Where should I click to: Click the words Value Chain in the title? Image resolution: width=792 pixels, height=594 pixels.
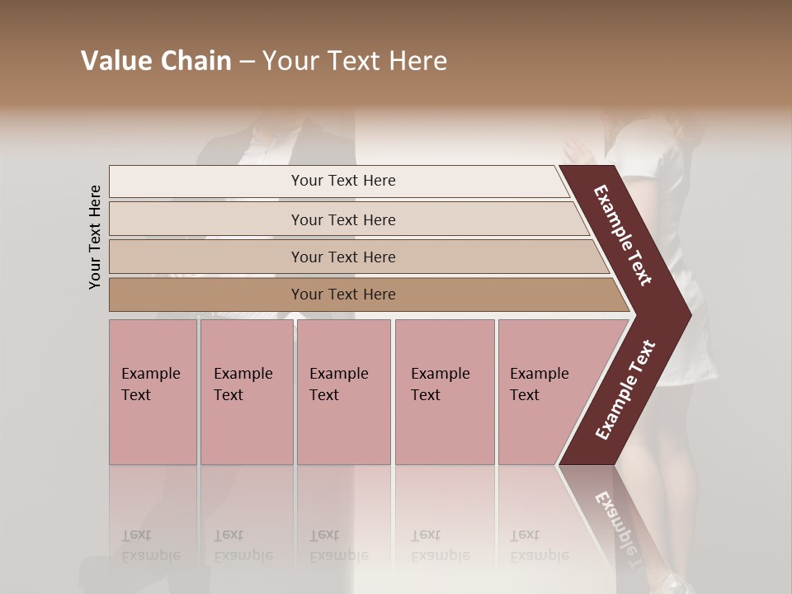click(x=156, y=61)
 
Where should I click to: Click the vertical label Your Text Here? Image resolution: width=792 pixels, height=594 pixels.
click(x=95, y=237)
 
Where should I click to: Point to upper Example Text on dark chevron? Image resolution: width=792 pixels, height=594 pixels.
click(x=623, y=234)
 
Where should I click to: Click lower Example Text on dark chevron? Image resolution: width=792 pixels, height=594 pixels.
click(x=625, y=390)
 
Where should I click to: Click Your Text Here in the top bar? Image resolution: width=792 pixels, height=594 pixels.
click(x=343, y=181)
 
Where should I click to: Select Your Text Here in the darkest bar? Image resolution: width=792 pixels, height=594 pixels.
click(x=343, y=295)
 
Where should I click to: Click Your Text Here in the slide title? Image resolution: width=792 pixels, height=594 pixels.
click(x=355, y=61)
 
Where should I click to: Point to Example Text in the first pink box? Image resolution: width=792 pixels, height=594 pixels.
click(x=150, y=384)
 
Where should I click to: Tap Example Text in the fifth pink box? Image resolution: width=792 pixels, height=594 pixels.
click(x=539, y=384)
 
